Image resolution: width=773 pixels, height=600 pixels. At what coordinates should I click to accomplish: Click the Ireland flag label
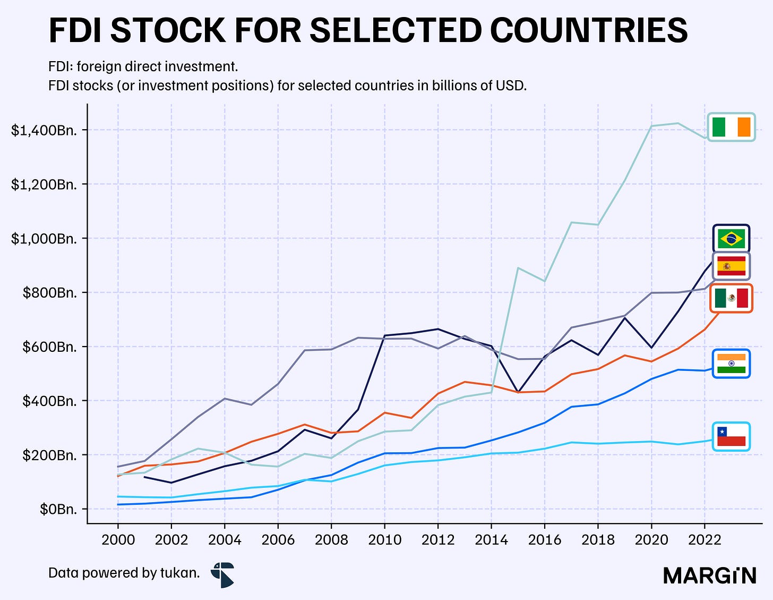tap(732, 127)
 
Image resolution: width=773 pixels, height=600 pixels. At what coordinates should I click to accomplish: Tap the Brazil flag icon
tap(732, 239)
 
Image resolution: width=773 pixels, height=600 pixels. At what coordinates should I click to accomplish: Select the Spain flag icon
tap(732, 266)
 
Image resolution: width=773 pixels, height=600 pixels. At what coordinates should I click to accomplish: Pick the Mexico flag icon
tap(732, 298)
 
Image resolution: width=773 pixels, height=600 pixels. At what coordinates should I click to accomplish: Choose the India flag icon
tap(732, 364)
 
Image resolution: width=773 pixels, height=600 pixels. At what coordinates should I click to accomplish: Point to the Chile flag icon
tap(732, 436)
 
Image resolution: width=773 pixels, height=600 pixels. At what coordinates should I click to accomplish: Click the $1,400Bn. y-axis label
tap(44, 131)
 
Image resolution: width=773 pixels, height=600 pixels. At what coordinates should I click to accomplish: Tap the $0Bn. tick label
tap(58, 510)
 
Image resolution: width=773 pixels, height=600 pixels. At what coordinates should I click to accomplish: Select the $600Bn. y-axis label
tap(50, 347)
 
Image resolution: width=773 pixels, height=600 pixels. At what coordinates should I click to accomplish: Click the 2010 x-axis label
tap(384, 540)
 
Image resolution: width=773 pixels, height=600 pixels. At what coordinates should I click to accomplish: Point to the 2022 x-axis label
tap(705, 540)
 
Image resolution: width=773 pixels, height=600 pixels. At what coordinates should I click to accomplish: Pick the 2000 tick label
tap(118, 540)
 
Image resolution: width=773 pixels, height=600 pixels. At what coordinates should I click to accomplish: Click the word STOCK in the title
tap(168, 31)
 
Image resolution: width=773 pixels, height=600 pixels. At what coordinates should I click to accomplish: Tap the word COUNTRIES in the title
tap(589, 31)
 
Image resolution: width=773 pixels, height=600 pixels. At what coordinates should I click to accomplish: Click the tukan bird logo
tap(222, 574)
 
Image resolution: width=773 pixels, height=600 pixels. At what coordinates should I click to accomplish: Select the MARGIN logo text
tap(710, 576)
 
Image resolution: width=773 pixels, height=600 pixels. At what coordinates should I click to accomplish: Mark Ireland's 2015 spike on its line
tap(518, 268)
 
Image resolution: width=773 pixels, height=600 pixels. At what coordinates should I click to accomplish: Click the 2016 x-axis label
tap(545, 540)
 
